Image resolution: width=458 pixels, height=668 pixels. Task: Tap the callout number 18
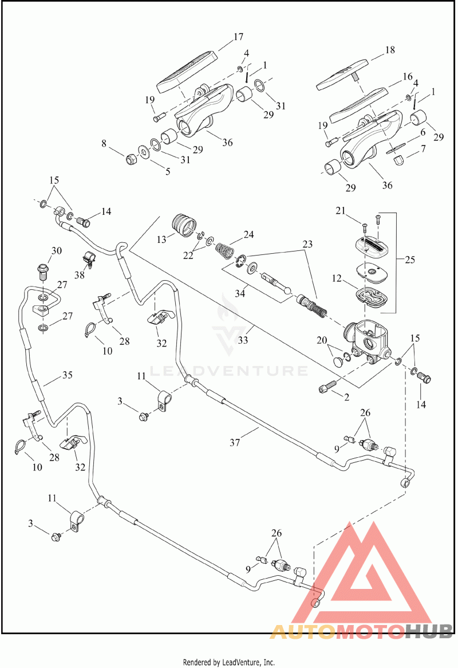pyautogui.click(x=390, y=50)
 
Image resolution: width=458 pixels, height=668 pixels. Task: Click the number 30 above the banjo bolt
pyautogui.click(x=56, y=250)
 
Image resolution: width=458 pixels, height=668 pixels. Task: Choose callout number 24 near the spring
pyautogui.click(x=248, y=234)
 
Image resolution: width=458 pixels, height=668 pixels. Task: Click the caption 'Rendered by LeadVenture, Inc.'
pyautogui.click(x=229, y=662)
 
